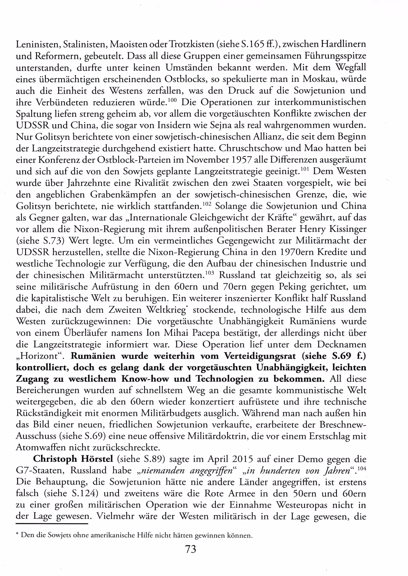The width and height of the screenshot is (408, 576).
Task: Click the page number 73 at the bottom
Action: coord(190,549)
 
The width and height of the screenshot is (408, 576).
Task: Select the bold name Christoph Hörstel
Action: coord(73,459)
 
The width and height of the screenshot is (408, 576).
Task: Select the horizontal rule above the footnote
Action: coord(52,524)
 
